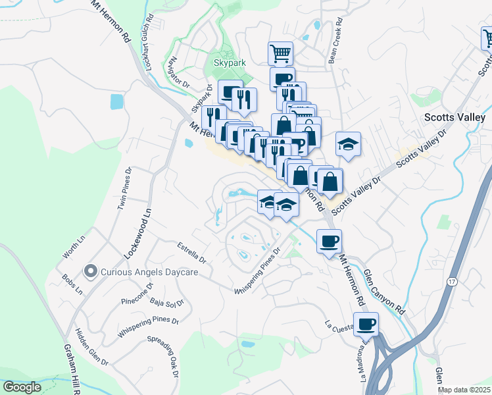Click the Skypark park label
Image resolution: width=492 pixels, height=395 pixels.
coord(228,63)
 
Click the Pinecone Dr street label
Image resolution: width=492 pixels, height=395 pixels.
coord(137,294)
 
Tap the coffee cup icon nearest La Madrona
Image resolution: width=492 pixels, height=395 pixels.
coord(366,323)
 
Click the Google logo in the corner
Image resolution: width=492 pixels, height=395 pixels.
coord(22,387)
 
